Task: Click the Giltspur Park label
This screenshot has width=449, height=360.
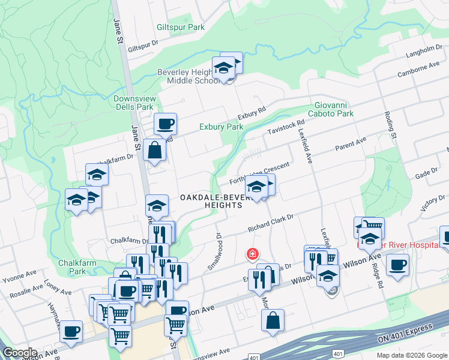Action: [x=181, y=27]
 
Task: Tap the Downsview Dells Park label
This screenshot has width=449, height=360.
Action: [x=133, y=103]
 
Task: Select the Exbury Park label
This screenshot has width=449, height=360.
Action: [x=221, y=127]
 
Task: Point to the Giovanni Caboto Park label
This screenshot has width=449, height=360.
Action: [x=331, y=109]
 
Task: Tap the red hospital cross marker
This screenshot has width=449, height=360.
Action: [x=253, y=254]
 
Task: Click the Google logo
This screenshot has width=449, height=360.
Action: [x=20, y=353]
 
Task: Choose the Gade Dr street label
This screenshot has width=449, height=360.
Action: [x=427, y=173]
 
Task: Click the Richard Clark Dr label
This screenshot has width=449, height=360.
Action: [x=271, y=223]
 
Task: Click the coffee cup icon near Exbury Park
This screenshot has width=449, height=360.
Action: [x=165, y=124]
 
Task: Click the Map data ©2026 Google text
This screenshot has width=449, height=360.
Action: [x=411, y=355]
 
